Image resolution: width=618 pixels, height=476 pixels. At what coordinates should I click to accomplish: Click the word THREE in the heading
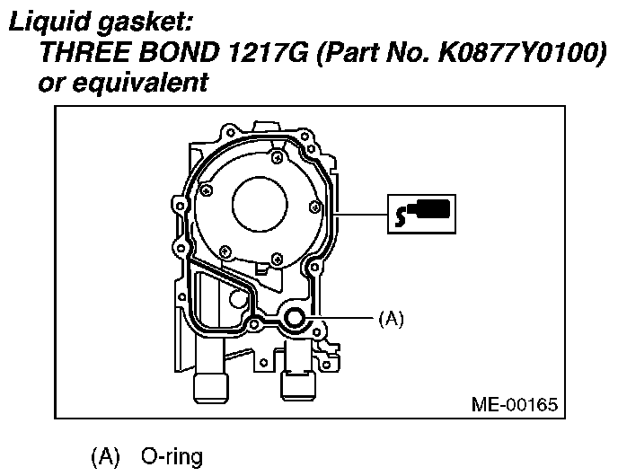[84, 51]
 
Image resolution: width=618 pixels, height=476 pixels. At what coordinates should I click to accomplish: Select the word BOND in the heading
[179, 51]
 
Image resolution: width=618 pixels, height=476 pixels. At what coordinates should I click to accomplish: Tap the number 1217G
[268, 51]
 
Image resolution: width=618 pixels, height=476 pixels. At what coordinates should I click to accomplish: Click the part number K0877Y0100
[520, 51]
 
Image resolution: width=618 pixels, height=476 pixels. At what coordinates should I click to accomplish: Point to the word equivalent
[140, 83]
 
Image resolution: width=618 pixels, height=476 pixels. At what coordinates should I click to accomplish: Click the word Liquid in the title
[49, 22]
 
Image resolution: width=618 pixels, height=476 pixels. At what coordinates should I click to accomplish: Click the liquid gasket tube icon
[421, 214]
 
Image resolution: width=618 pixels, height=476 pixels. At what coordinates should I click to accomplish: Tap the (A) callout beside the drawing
[391, 319]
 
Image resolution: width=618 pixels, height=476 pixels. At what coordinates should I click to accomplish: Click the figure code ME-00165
[515, 404]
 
